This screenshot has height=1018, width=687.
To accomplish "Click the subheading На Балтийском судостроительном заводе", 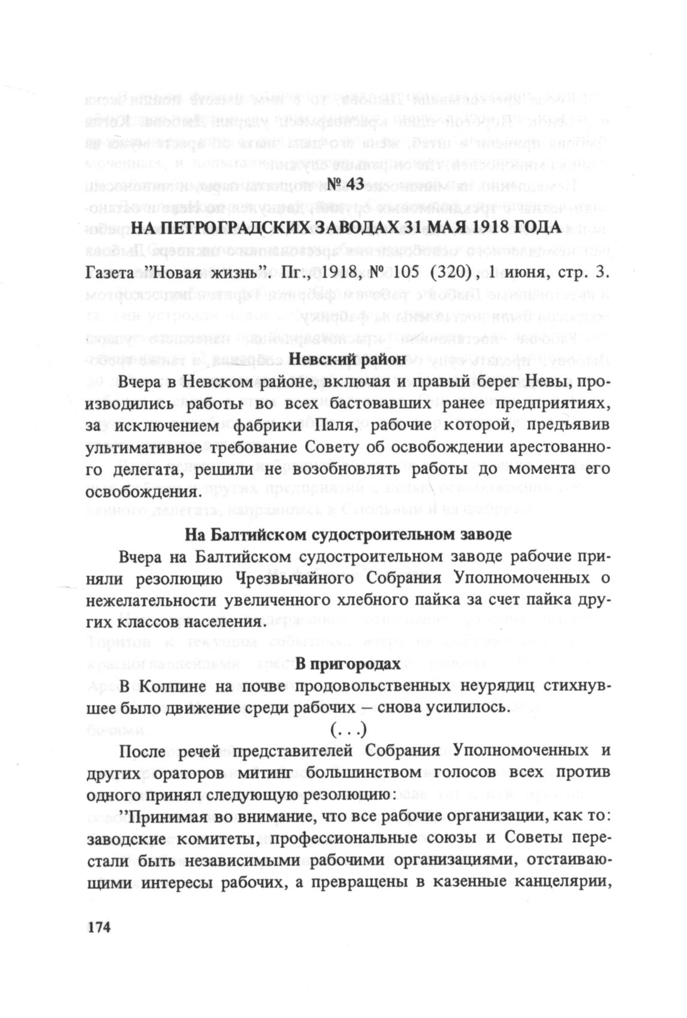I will point(348,534).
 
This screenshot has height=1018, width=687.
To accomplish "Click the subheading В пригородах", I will point(348,664).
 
